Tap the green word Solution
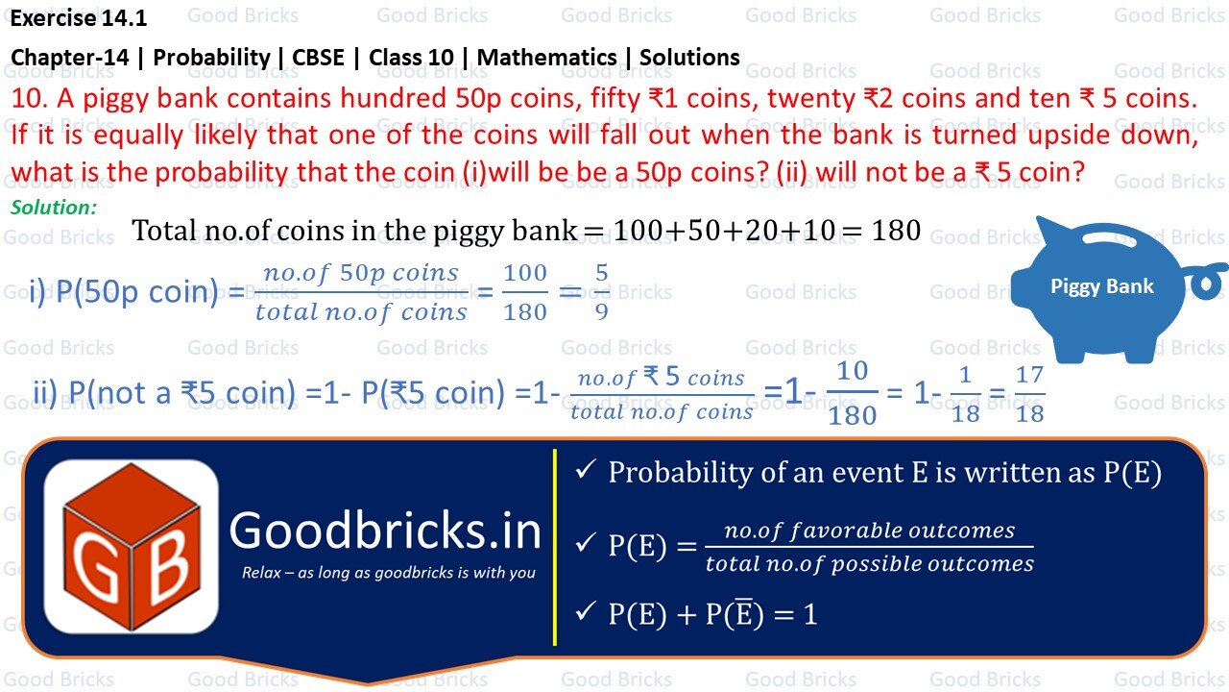pos(54,207)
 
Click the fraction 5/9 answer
pos(601,292)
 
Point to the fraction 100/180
pos(525,292)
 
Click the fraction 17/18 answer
pos(1029,393)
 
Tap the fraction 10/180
pos(852,393)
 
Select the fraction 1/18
pos(965,393)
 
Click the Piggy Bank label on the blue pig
pos(1101,285)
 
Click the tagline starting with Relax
pos(388,573)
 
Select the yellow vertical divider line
pos(555,547)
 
